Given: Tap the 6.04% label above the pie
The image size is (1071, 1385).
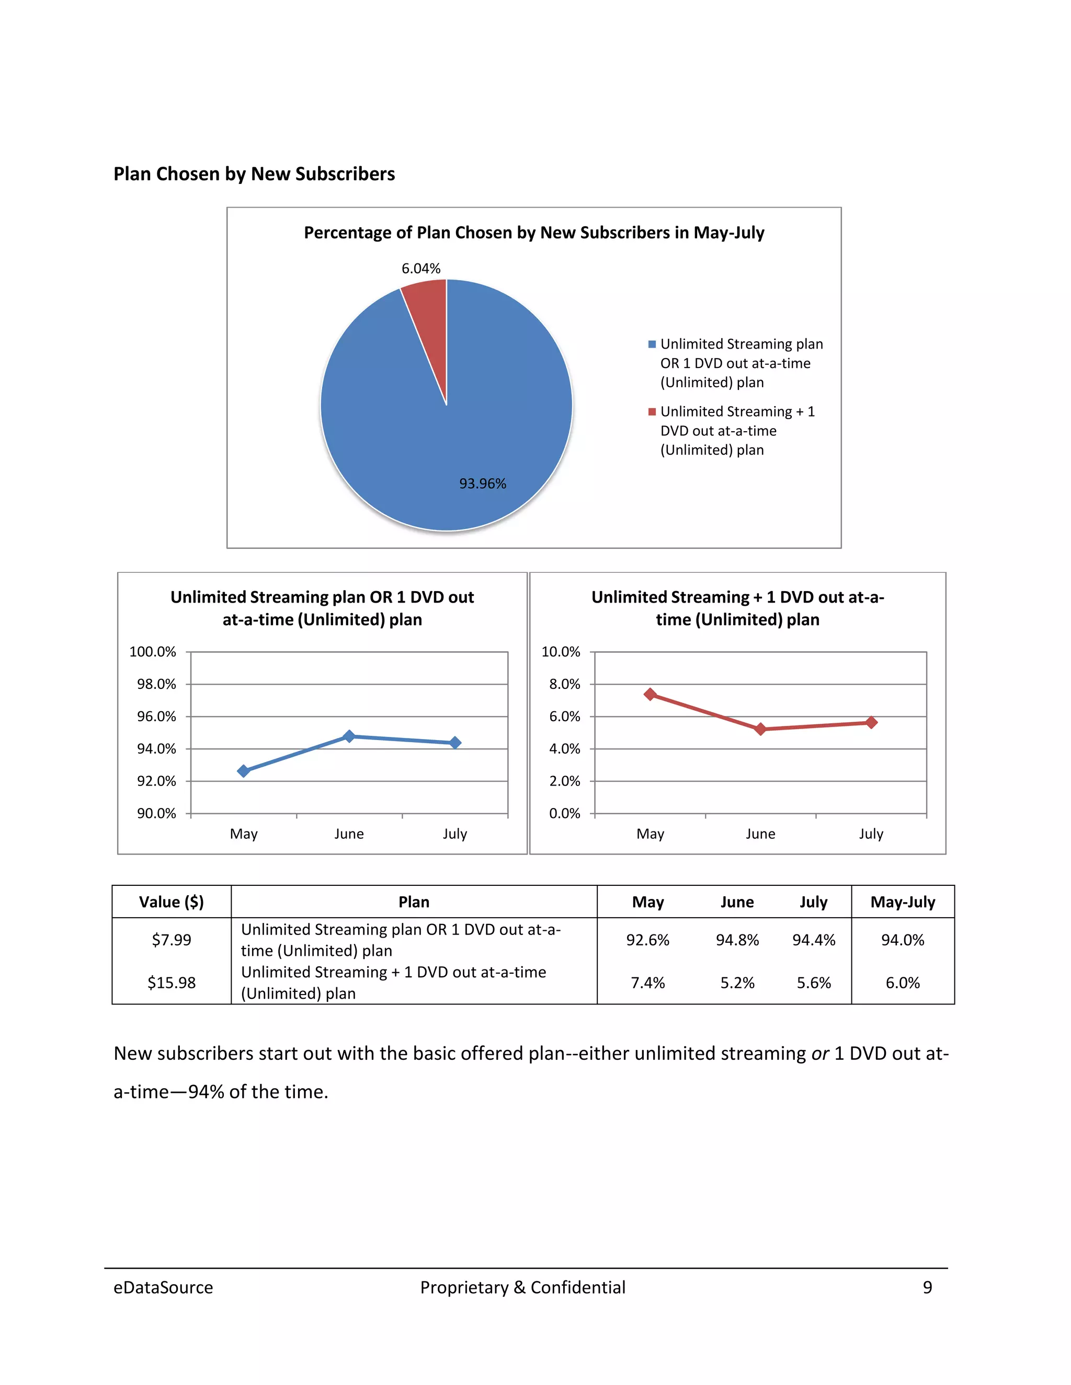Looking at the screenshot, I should pyautogui.click(x=420, y=268).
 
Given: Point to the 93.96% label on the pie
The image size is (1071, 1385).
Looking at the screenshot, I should pyautogui.click(x=482, y=483).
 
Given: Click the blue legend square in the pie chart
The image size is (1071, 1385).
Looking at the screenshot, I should pyautogui.click(x=652, y=344).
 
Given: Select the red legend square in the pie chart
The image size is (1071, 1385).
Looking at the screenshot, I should pyautogui.click(x=652, y=411).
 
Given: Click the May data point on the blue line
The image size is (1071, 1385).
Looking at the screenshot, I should pyautogui.click(x=244, y=770).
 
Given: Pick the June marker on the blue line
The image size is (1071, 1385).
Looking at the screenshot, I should pyautogui.click(x=349, y=736).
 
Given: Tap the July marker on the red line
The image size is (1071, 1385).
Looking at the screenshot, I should pyautogui.click(x=871, y=722).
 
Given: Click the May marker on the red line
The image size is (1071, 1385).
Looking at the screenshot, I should pyautogui.click(x=650, y=695).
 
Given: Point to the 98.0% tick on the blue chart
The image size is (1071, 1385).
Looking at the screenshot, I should pyautogui.click(x=156, y=684).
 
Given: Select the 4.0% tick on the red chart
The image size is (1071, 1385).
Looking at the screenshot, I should pyautogui.click(x=564, y=749).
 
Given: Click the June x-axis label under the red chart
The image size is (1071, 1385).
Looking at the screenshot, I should pyautogui.click(x=760, y=834).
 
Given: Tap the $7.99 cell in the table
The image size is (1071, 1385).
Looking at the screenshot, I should pyautogui.click(x=172, y=940).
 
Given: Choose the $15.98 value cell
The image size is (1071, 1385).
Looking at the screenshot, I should pyautogui.click(x=172, y=983).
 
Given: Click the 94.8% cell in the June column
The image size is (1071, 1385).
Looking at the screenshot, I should pyautogui.click(x=737, y=940).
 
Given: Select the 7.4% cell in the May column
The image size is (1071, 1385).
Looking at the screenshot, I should pyautogui.click(x=648, y=983).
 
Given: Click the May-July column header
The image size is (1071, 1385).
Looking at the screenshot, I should pyautogui.click(x=902, y=902).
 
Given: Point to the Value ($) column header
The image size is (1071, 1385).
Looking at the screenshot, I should pyautogui.click(x=172, y=902).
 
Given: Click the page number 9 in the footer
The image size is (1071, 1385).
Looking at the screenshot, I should pyautogui.click(x=927, y=1287).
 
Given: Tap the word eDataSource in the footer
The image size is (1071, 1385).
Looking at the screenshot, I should pyautogui.click(x=163, y=1287).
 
